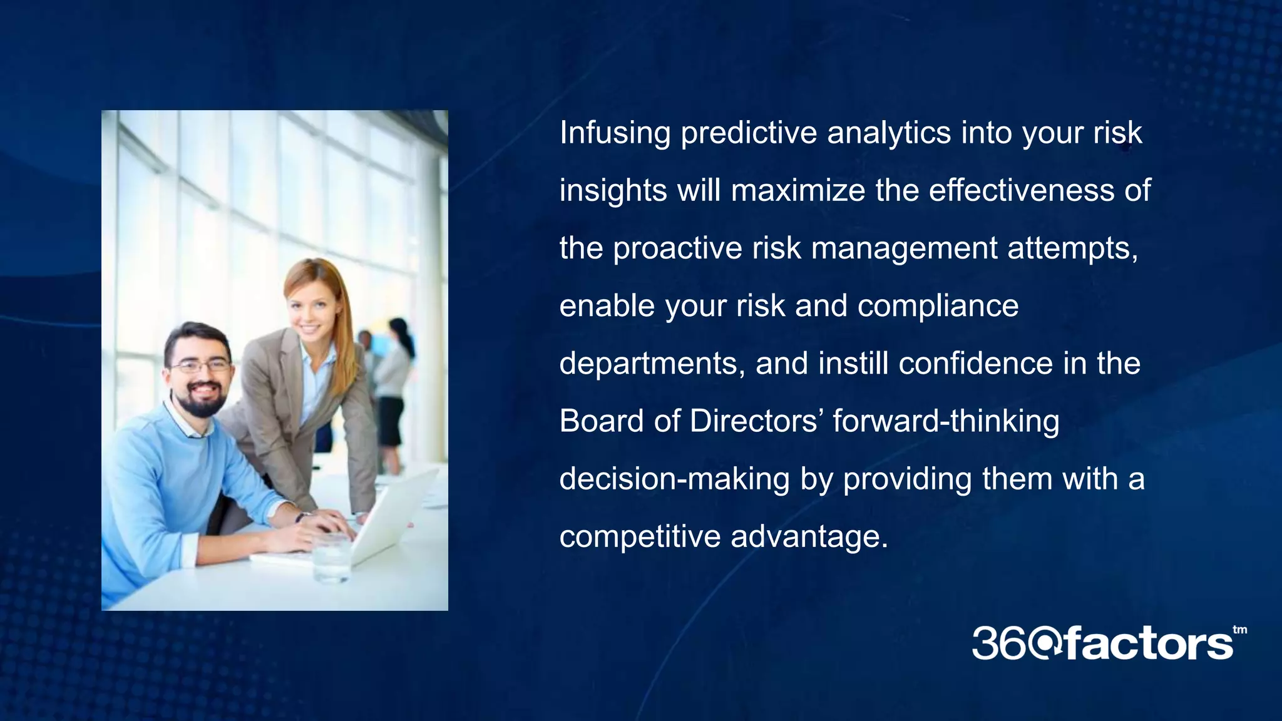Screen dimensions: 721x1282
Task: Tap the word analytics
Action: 889,133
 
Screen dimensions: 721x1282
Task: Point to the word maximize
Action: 798,190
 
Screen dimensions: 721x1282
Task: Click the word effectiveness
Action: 1022,190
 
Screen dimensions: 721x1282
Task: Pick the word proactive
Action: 677,248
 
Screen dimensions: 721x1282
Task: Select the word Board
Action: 602,421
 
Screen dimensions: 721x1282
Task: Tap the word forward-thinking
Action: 946,421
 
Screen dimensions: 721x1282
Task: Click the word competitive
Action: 639,537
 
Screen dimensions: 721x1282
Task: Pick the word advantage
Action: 809,537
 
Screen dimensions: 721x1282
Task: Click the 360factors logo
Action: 1102,643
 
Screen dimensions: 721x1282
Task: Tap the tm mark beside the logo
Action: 1239,630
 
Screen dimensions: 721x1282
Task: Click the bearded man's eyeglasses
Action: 200,366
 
